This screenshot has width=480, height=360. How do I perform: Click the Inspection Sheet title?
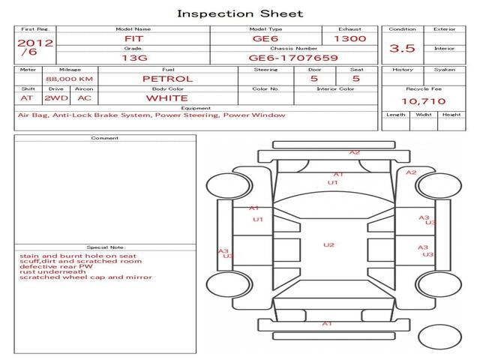pyautogui.click(x=240, y=13)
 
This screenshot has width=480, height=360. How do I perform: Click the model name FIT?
pyautogui.click(x=132, y=38)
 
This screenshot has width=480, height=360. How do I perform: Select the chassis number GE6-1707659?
pyautogui.click(x=293, y=57)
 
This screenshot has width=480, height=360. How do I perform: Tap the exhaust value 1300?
pyautogui.click(x=349, y=38)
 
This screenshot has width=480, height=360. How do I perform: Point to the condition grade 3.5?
pyautogui.click(x=402, y=48)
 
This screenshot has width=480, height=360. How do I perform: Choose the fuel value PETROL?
pyautogui.click(x=167, y=78)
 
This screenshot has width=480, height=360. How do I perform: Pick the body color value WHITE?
pyautogui.click(x=167, y=97)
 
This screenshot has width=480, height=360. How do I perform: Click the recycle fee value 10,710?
pyautogui.click(x=422, y=100)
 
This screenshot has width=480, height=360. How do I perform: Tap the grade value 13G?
pyautogui.click(x=132, y=57)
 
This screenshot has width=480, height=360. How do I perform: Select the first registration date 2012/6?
pyautogui.click(x=34, y=47)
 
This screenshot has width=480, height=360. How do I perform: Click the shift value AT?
pyautogui.click(x=27, y=97)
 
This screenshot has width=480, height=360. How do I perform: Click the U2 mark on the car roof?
pyautogui.click(x=328, y=244)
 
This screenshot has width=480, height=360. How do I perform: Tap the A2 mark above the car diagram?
pyautogui.click(x=355, y=152)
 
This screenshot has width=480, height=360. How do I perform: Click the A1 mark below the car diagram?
pyautogui.click(x=327, y=323)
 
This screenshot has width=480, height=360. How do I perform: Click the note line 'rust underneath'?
pyautogui.click(x=44, y=271)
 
